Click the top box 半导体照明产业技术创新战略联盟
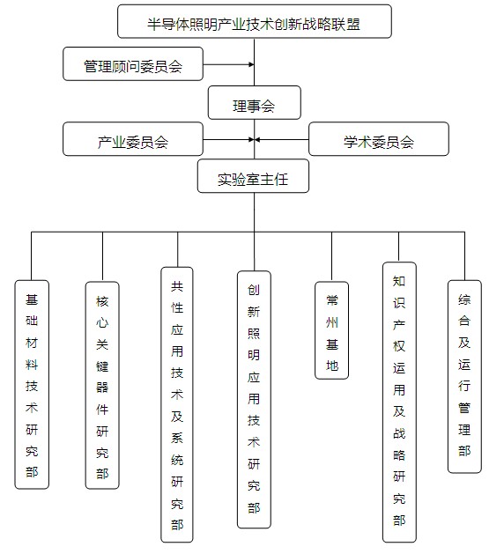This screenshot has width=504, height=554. [x=255, y=21]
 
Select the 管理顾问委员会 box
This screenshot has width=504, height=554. [x=133, y=64]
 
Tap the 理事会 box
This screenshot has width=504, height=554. [x=255, y=102]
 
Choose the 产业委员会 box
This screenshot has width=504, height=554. [x=133, y=139]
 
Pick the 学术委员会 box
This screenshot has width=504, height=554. [x=379, y=139]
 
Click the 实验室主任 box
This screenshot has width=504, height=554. [x=253, y=176]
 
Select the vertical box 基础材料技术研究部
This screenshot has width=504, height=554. [x=32, y=385]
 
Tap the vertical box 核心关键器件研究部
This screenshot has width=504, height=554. [x=102, y=386]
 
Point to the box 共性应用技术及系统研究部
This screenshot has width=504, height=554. [x=177, y=404]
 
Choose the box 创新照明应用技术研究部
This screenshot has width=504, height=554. [x=254, y=400]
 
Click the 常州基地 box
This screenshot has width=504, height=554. [x=332, y=330]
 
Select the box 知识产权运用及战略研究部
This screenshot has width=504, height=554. [x=399, y=403]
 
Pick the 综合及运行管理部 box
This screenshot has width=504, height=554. [x=464, y=377]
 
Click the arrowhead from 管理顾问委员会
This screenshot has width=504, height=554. [x=251, y=64]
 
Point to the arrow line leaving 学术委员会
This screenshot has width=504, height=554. [x=282, y=139]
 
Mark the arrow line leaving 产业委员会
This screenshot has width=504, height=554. [x=229, y=139]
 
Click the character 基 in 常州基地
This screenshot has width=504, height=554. [x=332, y=344]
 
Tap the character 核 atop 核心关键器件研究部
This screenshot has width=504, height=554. [x=102, y=301]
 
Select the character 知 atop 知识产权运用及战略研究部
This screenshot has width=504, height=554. [x=399, y=281]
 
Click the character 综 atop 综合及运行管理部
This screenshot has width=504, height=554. [x=464, y=299]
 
